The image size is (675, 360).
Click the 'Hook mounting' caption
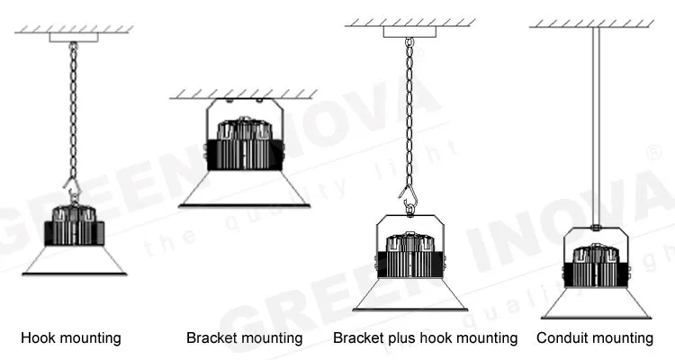pos(71,338)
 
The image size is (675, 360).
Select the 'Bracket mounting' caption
pos(244,338)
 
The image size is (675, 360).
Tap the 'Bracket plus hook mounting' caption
pos(425,338)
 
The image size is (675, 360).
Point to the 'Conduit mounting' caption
pos(595,338)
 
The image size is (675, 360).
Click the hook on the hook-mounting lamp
pos(72,191)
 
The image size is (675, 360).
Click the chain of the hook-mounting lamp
pos(73,108)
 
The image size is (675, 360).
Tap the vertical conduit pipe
pos(595,126)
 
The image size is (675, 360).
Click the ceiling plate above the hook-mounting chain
pos(73,38)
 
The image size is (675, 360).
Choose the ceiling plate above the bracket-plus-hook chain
pos(409,31)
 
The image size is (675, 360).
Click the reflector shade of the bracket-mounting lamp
pos(244,189)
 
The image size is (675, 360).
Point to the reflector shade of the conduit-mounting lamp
pos(596,302)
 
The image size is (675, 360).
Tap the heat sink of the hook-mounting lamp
pos(75,227)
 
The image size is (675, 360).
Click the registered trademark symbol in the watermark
pos(655,154)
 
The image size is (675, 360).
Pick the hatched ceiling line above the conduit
pos(591,22)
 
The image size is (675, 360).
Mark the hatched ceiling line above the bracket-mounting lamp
pos(244,93)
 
